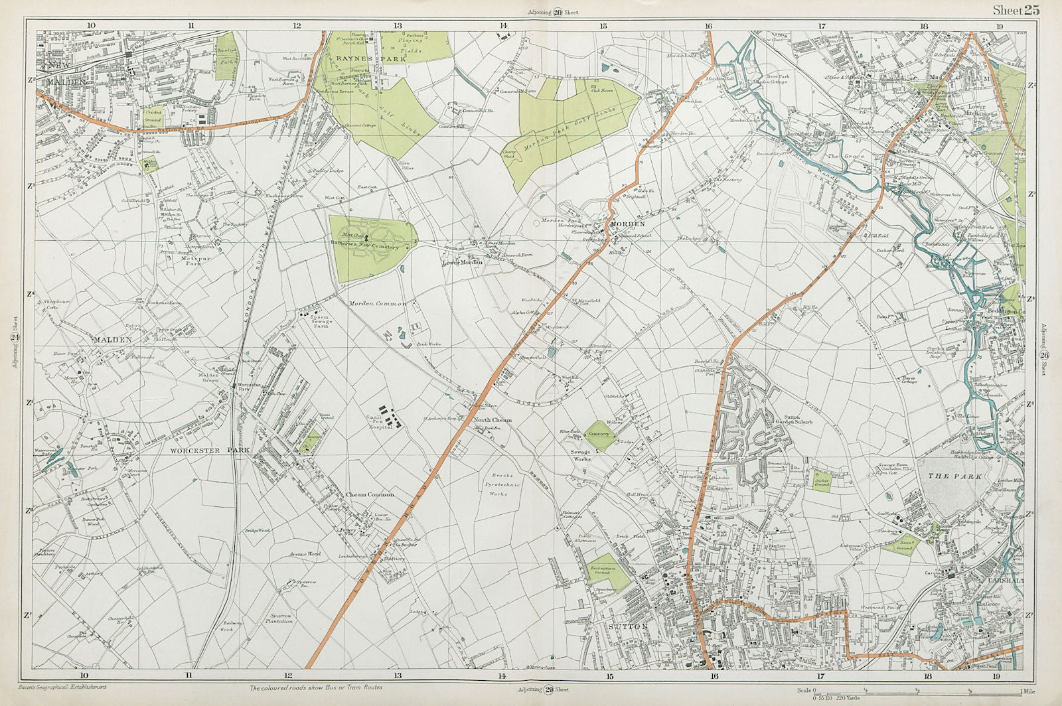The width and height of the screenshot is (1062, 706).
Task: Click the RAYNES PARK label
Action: pos(362,58)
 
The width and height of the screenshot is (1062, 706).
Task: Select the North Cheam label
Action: pos(492,420)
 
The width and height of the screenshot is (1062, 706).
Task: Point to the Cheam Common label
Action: pos(370,495)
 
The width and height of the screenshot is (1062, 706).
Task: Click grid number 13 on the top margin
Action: pos(397,25)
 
